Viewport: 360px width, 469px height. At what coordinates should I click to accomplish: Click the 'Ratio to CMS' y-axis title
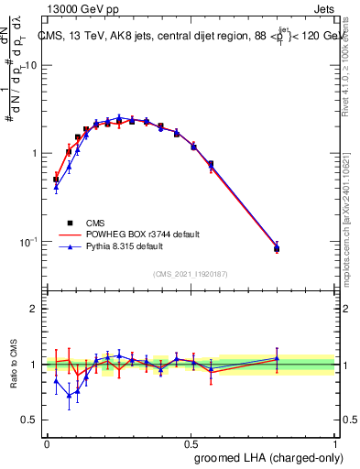tap(15, 365)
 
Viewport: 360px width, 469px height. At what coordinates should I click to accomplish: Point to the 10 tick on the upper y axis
tap(30, 66)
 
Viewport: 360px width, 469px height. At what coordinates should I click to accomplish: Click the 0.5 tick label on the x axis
tap(191, 442)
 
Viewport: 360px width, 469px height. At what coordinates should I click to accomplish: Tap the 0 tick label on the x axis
tap(47, 442)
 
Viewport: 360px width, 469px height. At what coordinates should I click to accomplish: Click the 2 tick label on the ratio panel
tap(34, 310)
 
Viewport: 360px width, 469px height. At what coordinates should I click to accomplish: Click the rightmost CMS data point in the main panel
tap(277, 248)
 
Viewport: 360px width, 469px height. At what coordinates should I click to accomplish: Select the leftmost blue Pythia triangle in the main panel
tap(57, 188)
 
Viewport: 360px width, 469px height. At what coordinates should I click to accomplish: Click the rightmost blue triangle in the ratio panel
tap(277, 358)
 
